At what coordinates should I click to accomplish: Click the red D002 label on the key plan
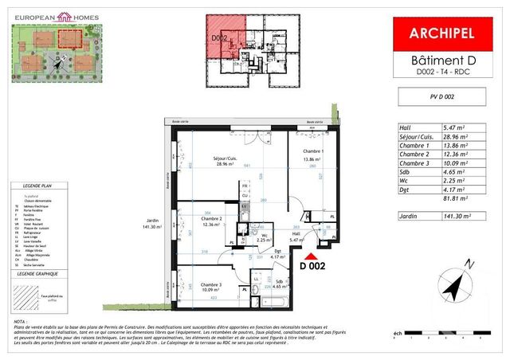[x=220, y=37]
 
